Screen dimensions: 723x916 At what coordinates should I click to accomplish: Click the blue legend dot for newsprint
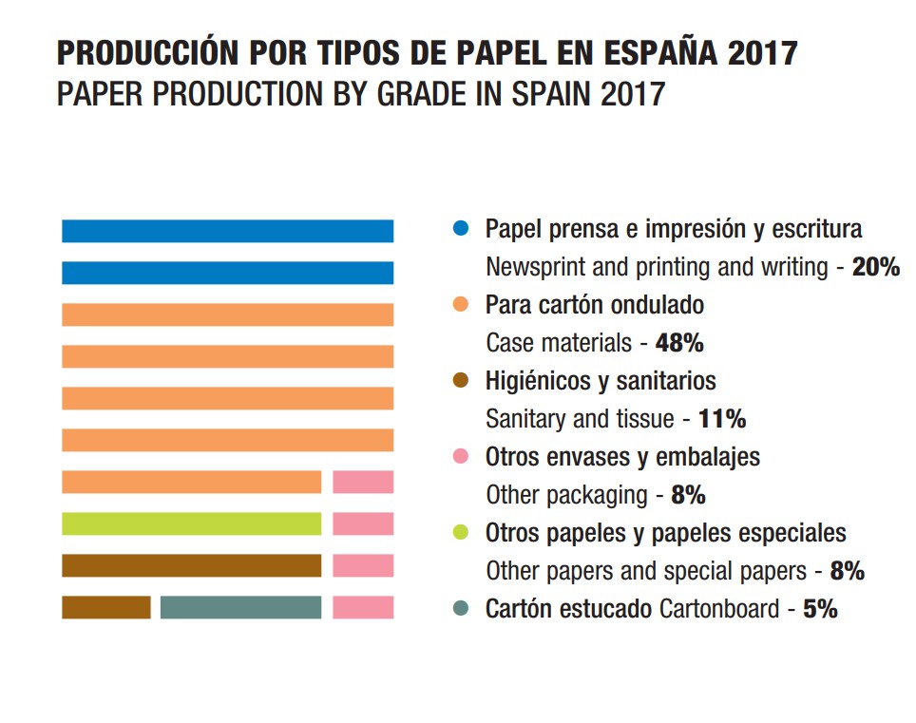[461, 229]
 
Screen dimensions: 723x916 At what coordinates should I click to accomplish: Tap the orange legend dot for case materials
[461, 305]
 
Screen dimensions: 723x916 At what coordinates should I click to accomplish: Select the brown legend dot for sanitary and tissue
[461, 381]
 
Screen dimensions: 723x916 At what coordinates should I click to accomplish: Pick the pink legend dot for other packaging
[461, 457]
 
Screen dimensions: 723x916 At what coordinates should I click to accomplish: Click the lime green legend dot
[461, 533]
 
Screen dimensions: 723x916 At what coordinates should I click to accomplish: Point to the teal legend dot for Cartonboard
[461, 609]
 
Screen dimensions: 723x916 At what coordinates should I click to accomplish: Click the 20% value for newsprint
[875, 267]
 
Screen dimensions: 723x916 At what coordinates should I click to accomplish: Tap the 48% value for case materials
[679, 343]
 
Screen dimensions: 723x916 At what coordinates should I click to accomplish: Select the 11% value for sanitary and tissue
[722, 419]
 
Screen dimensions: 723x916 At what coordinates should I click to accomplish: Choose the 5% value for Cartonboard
[820, 609]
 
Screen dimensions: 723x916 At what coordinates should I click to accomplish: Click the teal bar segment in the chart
[240, 607]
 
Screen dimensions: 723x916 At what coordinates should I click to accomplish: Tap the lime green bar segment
[191, 523]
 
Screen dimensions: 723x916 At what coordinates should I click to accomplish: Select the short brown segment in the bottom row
[105, 607]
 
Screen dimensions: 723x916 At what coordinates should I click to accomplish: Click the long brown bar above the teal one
[191, 565]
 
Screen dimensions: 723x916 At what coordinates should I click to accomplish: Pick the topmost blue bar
[227, 231]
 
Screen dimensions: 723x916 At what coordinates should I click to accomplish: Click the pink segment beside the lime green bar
[363, 523]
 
